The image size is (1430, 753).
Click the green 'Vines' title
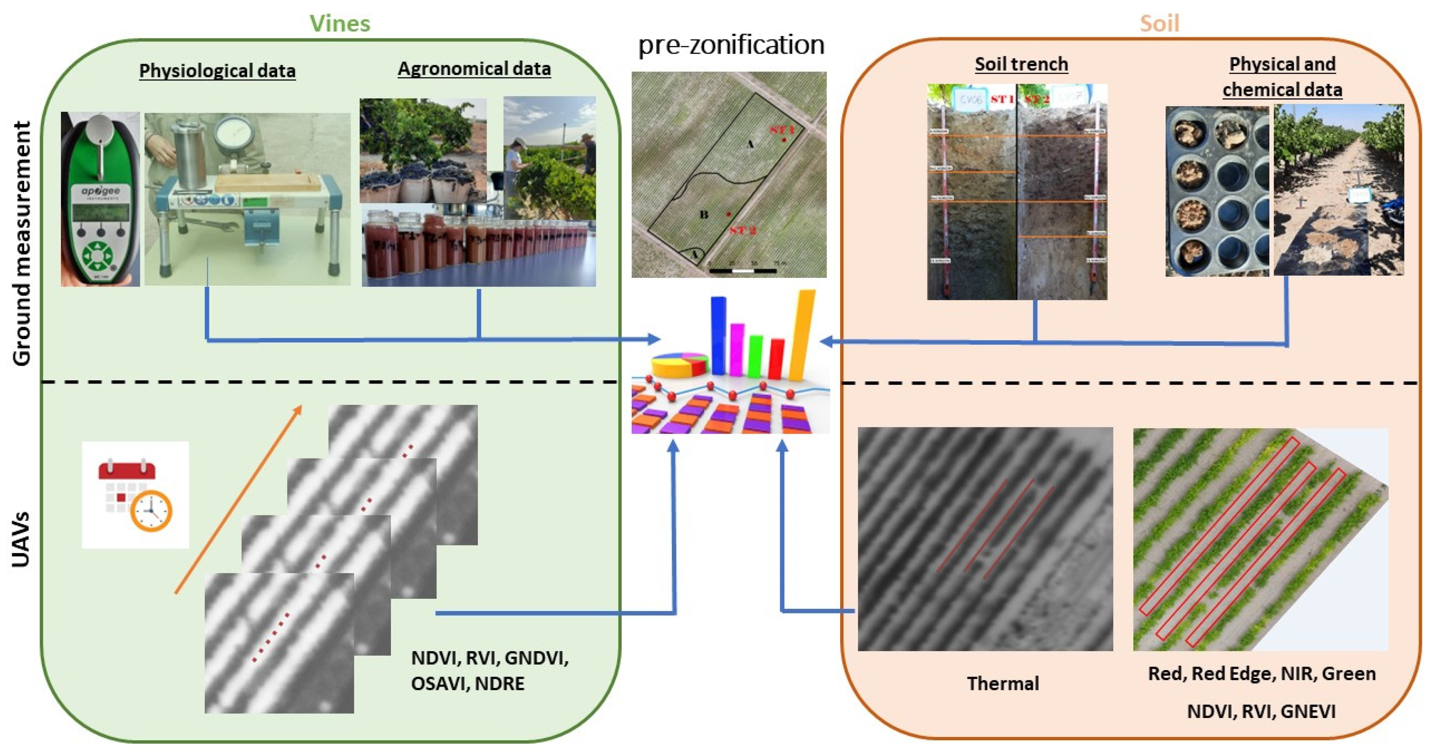340,23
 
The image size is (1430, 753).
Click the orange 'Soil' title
1159,23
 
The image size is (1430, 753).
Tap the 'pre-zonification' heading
731,45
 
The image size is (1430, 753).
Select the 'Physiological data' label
217,71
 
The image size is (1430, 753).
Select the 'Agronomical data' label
474,69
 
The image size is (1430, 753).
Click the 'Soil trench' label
1021,64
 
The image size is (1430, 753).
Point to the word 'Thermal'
1003,683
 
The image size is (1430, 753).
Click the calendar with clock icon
136,495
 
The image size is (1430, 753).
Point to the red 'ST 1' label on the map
781,130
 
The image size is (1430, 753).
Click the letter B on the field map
704,214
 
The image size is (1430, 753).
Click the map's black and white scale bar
742,271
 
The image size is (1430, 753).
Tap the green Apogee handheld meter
100,200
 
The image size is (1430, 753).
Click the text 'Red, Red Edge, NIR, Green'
1261,674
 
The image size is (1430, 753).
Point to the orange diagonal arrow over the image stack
238,500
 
